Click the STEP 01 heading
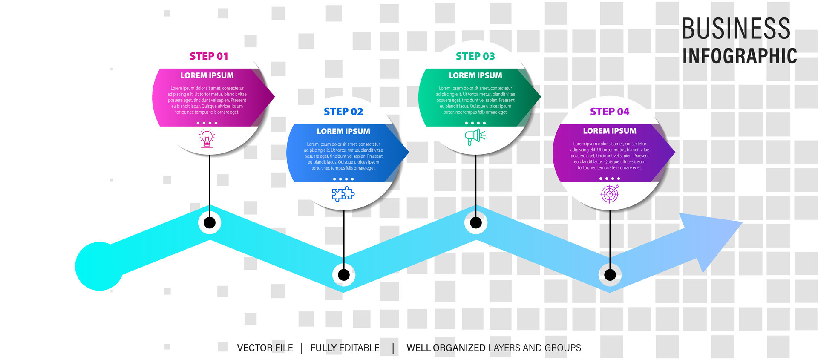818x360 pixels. click(x=209, y=56)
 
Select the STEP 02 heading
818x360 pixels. click(x=343, y=112)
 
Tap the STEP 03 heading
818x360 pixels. click(x=475, y=56)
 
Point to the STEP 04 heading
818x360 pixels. click(x=610, y=112)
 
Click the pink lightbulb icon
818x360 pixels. click(x=207, y=139)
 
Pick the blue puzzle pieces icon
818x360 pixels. click(x=343, y=194)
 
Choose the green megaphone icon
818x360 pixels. click(x=475, y=137)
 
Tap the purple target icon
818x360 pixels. click(x=610, y=194)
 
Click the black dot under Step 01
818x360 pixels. click(x=210, y=222)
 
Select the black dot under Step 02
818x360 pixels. click(x=344, y=275)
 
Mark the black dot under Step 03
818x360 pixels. click(x=476, y=222)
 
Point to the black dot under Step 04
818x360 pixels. click(x=610, y=275)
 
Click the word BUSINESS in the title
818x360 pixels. click(x=736, y=29)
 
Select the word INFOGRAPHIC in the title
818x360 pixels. click(x=740, y=56)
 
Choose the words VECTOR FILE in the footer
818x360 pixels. click(x=265, y=348)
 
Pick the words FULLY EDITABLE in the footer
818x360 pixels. click(x=345, y=348)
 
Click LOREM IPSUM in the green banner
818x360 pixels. click(x=475, y=75)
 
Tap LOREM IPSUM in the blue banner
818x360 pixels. click(x=343, y=131)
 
